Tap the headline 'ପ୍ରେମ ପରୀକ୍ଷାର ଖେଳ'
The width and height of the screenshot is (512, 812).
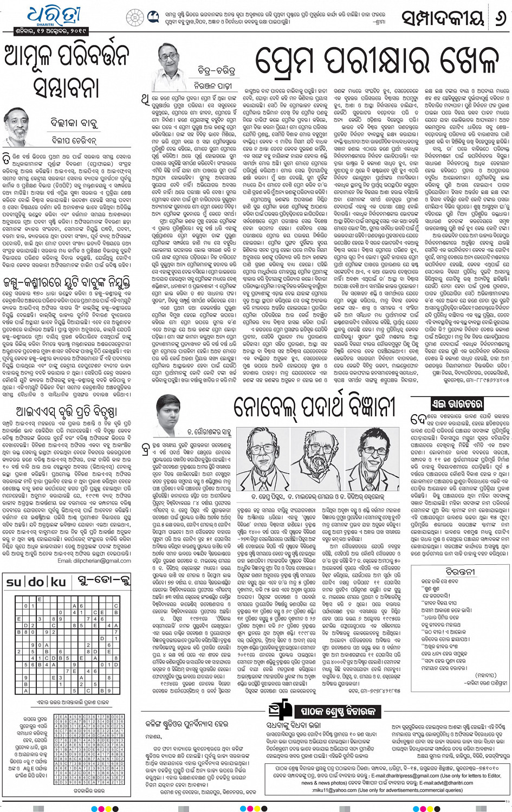tap(376, 61)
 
